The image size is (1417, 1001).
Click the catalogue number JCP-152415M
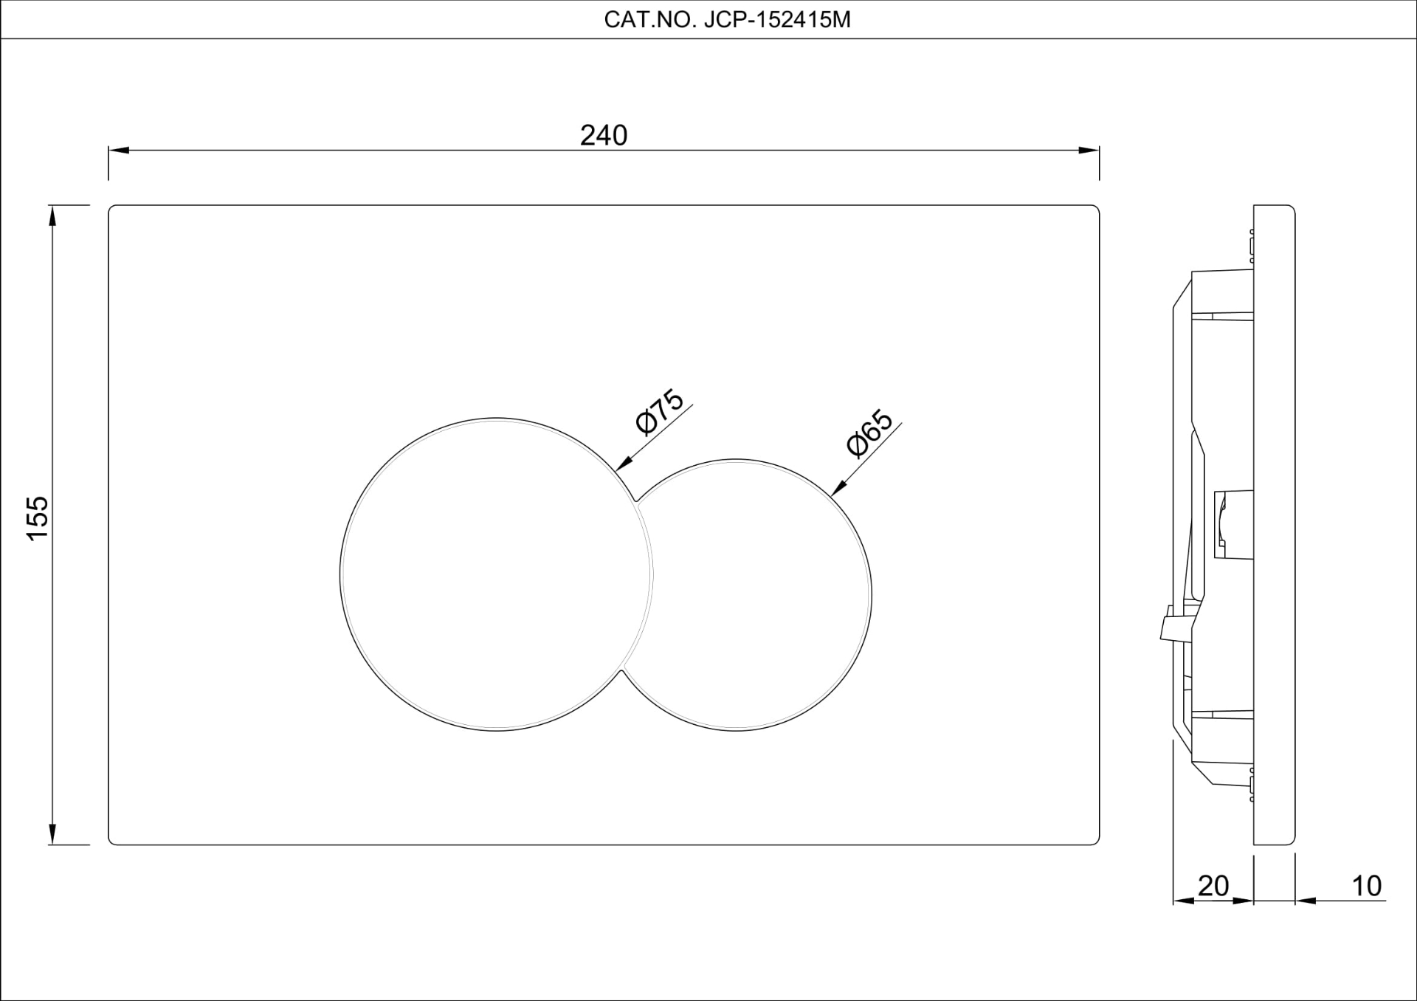777,20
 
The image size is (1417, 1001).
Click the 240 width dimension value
603,135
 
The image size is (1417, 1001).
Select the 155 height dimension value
38,517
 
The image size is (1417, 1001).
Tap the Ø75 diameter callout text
660,412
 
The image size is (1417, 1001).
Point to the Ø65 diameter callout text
870,434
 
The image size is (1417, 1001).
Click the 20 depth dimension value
1213,886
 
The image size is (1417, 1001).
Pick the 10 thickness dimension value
1366,886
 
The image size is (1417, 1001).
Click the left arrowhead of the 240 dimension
118,151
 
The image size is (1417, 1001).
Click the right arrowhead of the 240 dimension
1089,151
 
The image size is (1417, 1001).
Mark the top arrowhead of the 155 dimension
52,216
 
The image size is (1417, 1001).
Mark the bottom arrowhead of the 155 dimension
52,834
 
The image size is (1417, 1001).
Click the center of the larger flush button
496,574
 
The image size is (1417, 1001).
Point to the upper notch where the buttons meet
635,500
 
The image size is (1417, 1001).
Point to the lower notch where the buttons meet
621,671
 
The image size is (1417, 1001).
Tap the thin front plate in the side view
1275,524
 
